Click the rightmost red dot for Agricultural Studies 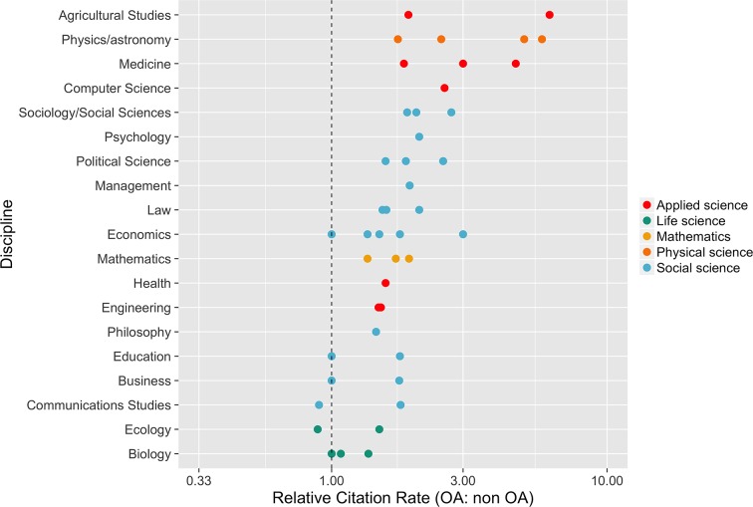[x=550, y=15]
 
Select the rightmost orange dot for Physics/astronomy [x=542, y=39]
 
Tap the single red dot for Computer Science [x=444, y=88]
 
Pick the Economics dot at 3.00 [x=463, y=234]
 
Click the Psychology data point [x=419, y=136]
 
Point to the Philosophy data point [x=376, y=332]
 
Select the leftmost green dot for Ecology [x=318, y=429]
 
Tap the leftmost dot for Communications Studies [x=319, y=405]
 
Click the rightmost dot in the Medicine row [x=516, y=64]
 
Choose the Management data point [x=409, y=185]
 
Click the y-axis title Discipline [x=9, y=234]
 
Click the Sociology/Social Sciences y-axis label [x=95, y=113]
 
